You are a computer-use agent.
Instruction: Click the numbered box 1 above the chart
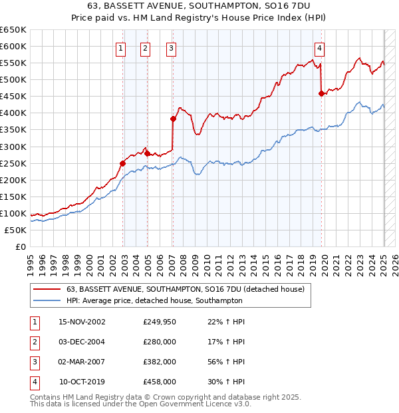[121, 48]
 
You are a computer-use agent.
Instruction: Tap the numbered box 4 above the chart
[320, 48]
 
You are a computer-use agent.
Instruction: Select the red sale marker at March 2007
[173, 119]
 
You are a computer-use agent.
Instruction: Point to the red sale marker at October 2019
[322, 93]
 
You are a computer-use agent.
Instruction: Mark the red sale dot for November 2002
[123, 163]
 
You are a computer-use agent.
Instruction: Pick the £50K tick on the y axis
[16, 230]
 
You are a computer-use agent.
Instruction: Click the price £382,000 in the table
[160, 362]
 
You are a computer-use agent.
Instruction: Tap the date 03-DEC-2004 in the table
[82, 342]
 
